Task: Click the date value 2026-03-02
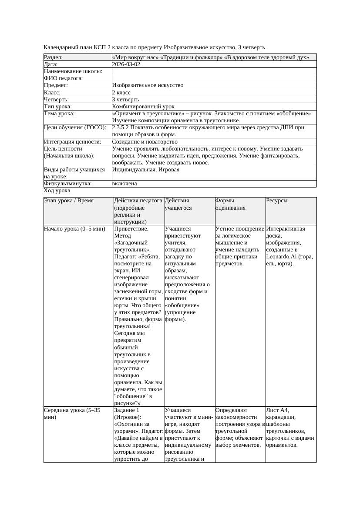pyautogui.click(x=126, y=64)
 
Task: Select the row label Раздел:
pyautogui.click(x=54, y=57)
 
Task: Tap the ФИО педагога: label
pyautogui.click(x=64, y=78)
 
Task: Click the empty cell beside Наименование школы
pyautogui.click(x=214, y=71)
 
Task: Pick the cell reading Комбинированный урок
pyautogui.click(x=143, y=107)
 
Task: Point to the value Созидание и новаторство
pyautogui.click(x=145, y=142)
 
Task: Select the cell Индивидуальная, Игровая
pyautogui.click(x=146, y=170)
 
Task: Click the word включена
pyautogui.click(x=124, y=184)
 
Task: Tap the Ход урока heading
pyautogui.click(x=57, y=191)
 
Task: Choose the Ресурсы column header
pyautogui.click(x=277, y=201)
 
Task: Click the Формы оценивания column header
pyautogui.click(x=230, y=204)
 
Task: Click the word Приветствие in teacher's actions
pyautogui.click(x=131, y=229)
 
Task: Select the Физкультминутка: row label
pyautogui.click(x=67, y=184)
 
